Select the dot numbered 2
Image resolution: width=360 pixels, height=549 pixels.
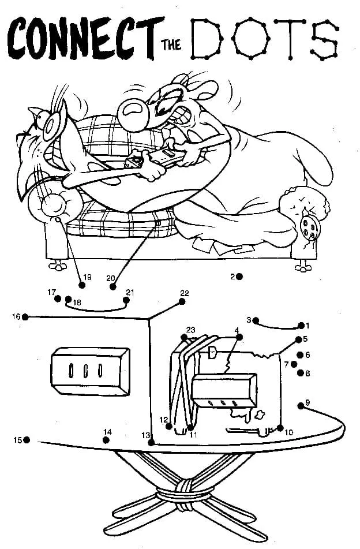(239, 277)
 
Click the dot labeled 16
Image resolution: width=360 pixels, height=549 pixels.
(25, 316)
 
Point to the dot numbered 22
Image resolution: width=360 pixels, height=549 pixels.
(182, 301)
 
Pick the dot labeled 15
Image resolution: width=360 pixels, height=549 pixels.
(27, 440)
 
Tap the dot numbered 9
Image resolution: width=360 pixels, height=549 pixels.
(301, 405)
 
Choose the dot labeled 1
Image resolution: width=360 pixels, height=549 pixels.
(301, 326)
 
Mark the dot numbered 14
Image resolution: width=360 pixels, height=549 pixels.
(106, 440)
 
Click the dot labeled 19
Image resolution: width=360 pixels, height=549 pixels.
(81, 283)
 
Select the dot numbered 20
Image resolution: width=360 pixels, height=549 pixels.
(112, 286)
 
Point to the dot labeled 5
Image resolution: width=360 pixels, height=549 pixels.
(299, 339)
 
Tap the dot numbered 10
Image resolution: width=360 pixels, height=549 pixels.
(280, 428)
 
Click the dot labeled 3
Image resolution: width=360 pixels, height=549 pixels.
(256, 320)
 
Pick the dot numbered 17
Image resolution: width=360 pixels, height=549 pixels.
(58, 298)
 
